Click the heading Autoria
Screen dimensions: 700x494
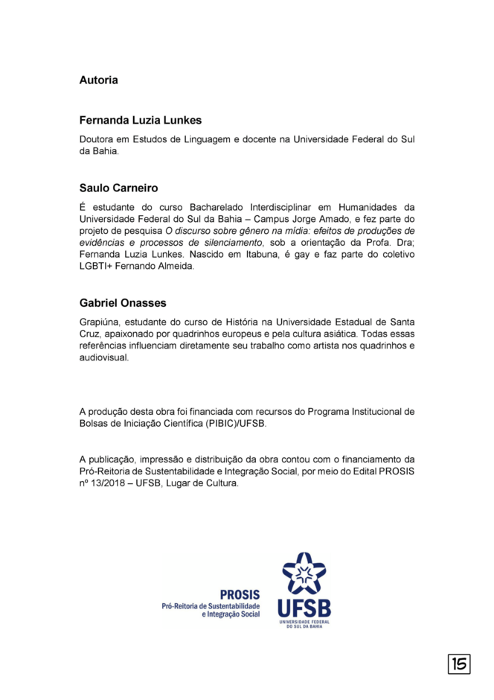point(98,80)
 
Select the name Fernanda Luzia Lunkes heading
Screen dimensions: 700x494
point(141,120)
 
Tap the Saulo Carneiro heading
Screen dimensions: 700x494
point(118,188)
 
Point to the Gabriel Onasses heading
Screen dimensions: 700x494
point(123,303)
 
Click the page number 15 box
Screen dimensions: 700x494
point(459,664)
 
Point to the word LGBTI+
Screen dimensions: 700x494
point(98,267)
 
